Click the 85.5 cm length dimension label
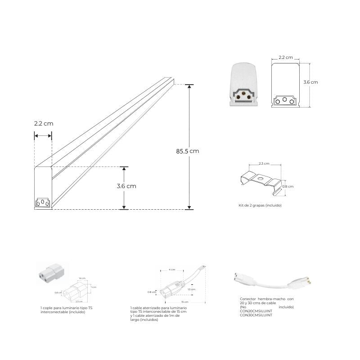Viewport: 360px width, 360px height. pyautogui.click(x=187, y=151)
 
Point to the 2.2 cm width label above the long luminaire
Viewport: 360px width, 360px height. pyautogui.click(x=43, y=123)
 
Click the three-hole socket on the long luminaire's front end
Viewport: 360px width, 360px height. pyautogui.click(x=43, y=203)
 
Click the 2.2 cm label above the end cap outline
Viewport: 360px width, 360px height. pyautogui.click(x=285, y=58)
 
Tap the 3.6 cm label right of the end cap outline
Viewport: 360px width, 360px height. pyautogui.click(x=310, y=82)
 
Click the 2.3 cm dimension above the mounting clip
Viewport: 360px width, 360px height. pyautogui.click(x=264, y=163)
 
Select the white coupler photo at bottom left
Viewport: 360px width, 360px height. pyautogui.click(x=50, y=274)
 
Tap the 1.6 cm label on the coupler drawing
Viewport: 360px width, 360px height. pyautogui.click(x=81, y=279)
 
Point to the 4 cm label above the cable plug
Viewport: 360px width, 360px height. pyautogui.click(x=172, y=270)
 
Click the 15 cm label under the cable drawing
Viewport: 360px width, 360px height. pyautogui.click(x=184, y=301)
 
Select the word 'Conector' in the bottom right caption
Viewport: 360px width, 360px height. pyautogui.click(x=247, y=299)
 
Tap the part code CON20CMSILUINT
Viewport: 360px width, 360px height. pyautogui.click(x=256, y=311)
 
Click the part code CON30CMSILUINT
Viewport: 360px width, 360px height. pyautogui.click(x=256, y=315)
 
